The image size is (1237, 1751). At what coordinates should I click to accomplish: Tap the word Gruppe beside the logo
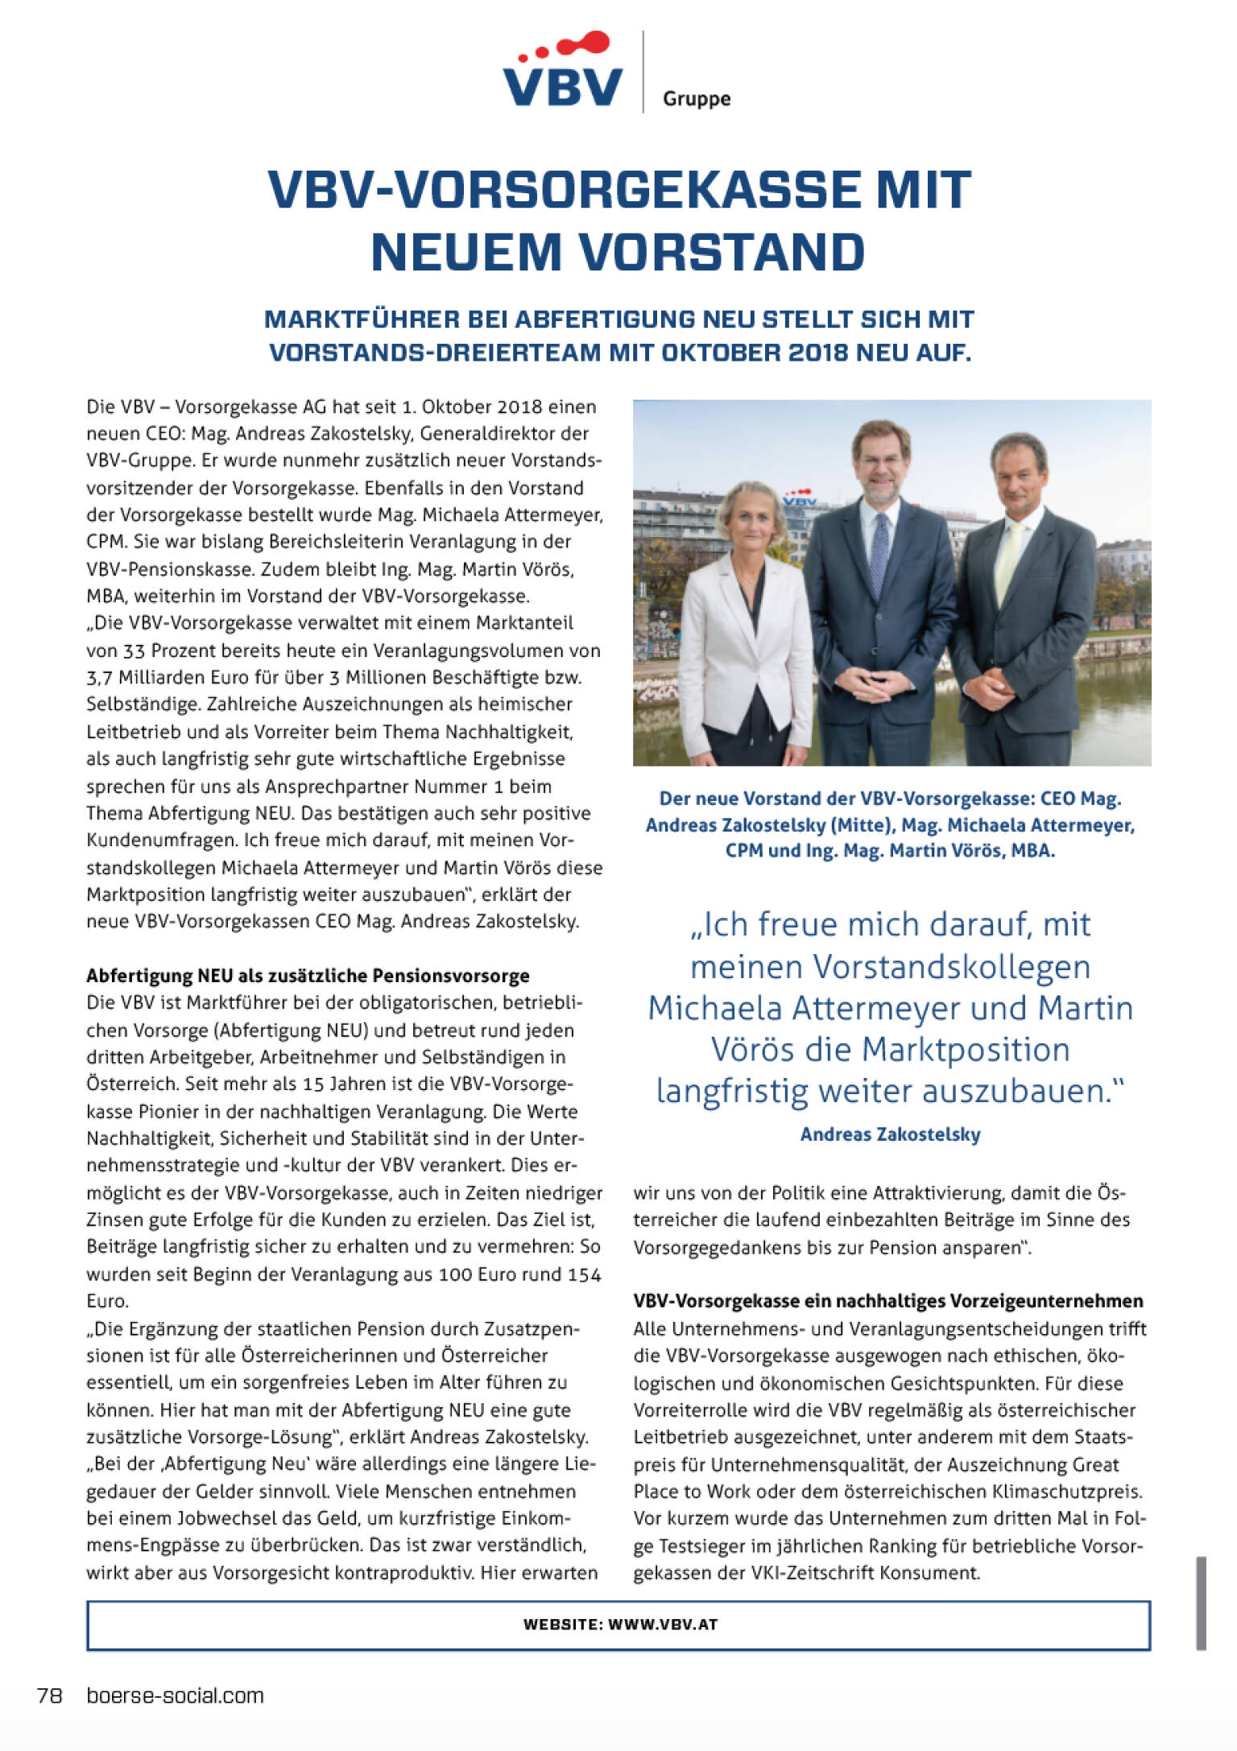click(x=697, y=99)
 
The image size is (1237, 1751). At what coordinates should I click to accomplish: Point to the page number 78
click(x=50, y=1695)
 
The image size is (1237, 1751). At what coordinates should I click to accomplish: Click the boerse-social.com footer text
click(x=175, y=1695)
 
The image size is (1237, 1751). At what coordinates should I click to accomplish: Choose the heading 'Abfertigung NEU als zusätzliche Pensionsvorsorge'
click(x=308, y=976)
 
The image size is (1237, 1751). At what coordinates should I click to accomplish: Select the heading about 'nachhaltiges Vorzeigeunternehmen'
click(x=887, y=1301)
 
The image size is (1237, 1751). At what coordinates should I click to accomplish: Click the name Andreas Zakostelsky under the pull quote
click(x=890, y=1134)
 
